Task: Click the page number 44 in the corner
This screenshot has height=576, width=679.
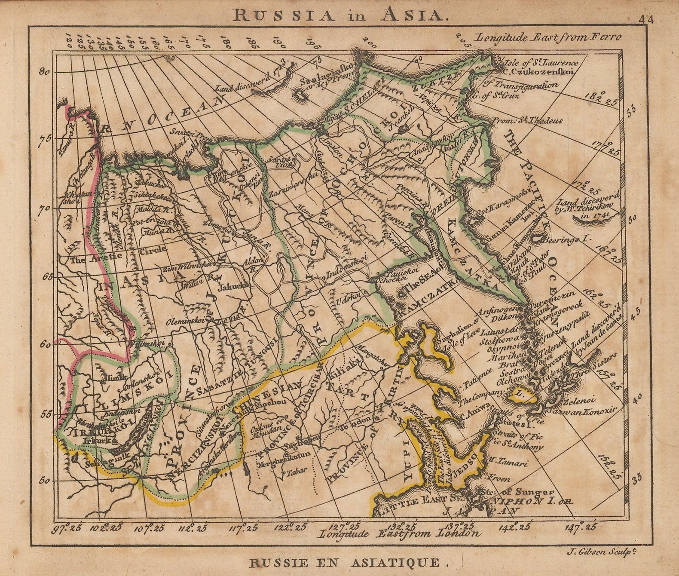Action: pos(645,20)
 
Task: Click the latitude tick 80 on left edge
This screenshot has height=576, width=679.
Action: pos(44,72)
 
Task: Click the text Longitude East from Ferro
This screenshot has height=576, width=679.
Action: pos(548,37)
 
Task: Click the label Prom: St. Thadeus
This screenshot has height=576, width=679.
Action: pos(527,121)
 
